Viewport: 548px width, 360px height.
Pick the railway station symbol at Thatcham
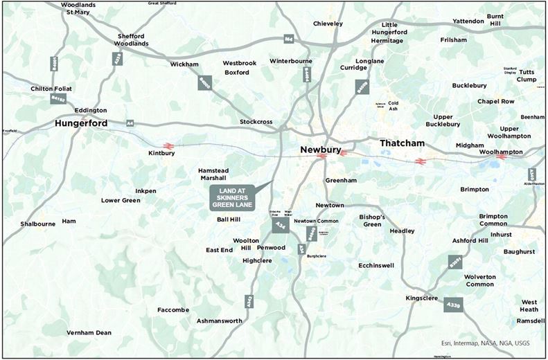[x=419, y=161]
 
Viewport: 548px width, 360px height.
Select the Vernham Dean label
[x=89, y=333]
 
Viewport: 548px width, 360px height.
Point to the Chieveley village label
[x=328, y=24]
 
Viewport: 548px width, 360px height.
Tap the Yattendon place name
[x=469, y=21]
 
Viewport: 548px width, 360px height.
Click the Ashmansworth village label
[x=220, y=321]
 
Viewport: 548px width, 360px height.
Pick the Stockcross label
[x=256, y=122]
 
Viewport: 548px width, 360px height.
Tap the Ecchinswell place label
[x=376, y=265]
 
